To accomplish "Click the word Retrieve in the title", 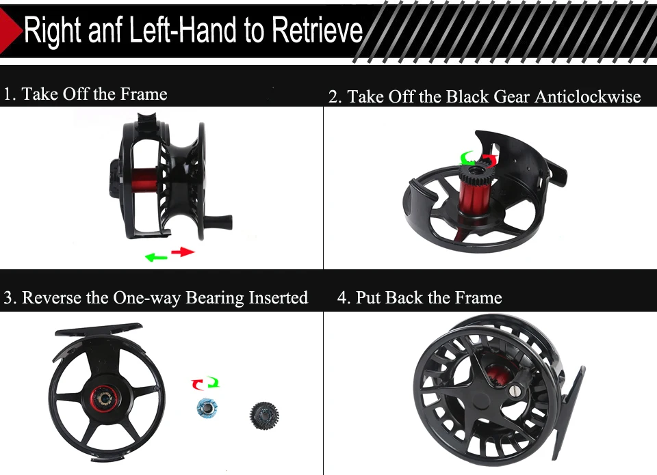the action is click(317, 29).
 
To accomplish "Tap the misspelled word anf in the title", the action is click(105, 29).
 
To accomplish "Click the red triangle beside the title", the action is click(10, 30).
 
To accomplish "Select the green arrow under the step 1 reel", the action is click(156, 257).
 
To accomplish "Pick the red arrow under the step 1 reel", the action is click(183, 252).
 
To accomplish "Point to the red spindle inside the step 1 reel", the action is click(145, 180).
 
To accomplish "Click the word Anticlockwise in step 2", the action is click(587, 96).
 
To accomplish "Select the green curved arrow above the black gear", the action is click(467, 158).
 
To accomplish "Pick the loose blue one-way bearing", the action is click(207, 407).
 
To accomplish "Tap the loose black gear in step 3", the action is click(264, 415).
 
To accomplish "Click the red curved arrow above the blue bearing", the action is click(197, 384).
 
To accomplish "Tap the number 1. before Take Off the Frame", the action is click(10, 94).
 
